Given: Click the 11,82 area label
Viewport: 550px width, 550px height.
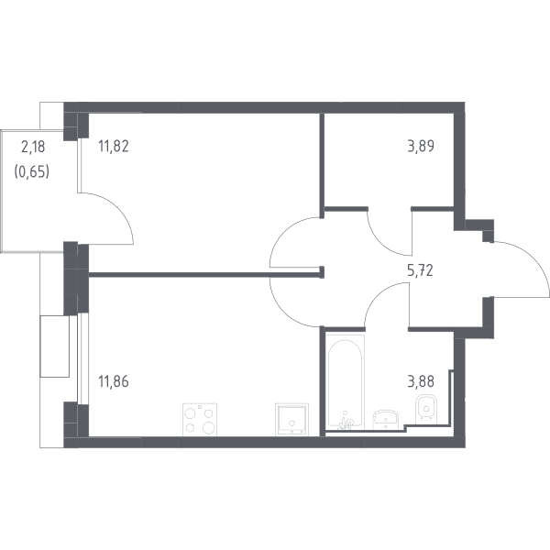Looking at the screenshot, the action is click(x=114, y=147).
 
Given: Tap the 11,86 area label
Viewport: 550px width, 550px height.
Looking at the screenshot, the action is click(x=114, y=381).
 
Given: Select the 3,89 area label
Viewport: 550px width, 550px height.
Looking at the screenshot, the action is click(x=421, y=147).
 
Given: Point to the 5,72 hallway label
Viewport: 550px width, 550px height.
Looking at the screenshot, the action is click(x=420, y=270).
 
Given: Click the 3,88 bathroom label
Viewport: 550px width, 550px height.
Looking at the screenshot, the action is click(x=421, y=381).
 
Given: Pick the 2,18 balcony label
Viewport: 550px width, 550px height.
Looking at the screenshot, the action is click(x=33, y=147).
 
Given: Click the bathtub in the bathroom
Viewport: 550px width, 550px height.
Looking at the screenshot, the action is click(x=346, y=381).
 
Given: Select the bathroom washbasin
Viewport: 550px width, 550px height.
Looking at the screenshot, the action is click(x=386, y=420).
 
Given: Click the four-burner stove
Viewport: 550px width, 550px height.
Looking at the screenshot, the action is click(x=200, y=420).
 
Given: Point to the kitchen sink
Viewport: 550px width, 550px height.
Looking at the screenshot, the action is click(x=292, y=419).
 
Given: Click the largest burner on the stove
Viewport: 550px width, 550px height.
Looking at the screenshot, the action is click(x=208, y=427).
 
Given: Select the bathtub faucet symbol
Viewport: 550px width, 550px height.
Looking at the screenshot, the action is click(x=346, y=422).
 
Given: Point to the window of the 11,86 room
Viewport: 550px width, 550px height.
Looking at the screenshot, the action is click(x=82, y=358).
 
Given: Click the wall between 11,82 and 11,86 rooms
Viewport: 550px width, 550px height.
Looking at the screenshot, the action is click(x=205, y=275).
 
